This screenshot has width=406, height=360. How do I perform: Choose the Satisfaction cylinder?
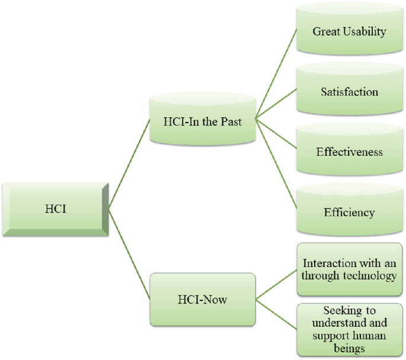click(x=349, y=92)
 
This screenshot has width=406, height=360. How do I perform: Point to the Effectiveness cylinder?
click(x=349, y=152)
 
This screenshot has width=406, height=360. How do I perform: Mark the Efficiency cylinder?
click(x=349, y=212)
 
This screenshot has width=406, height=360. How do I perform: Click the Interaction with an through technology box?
click(x=349, y=269)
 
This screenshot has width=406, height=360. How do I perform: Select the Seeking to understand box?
click(x=349, y=329)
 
